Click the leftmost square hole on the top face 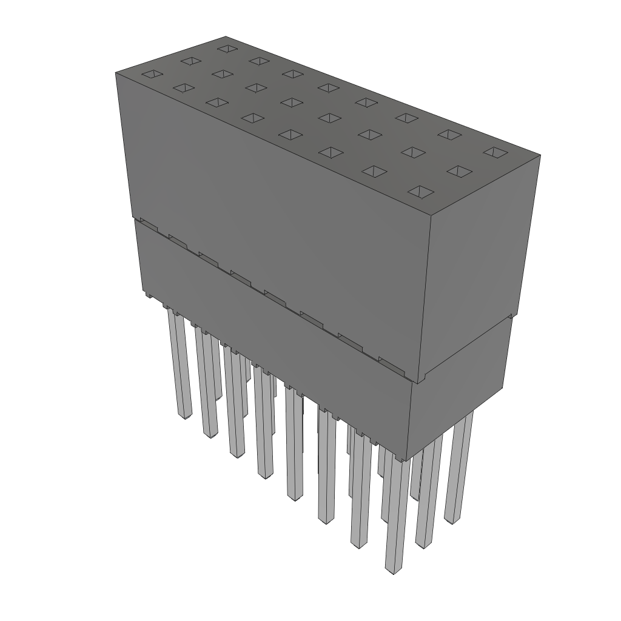coord(152,74)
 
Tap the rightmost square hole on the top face coord(495,152)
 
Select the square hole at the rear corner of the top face coord(227,48)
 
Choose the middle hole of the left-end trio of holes coord(190,61)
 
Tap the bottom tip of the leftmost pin coord(184,416)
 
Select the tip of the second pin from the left coord(210,435)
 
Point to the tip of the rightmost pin coord(452,520)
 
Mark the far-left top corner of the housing coord(116,72)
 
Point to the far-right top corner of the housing coord(540,155)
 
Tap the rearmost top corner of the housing coord(226,36)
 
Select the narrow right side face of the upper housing coord(479,267)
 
